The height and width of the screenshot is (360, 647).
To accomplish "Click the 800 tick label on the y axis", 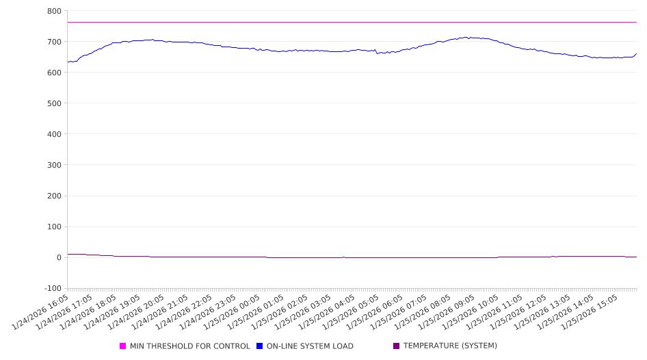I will [x=53, y=11].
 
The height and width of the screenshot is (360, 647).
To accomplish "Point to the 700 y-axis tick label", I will [x=53, y=42].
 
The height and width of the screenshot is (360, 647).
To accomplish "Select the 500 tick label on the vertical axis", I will [x=53, y=103].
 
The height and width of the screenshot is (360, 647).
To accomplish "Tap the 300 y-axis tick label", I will [x=53, y=165].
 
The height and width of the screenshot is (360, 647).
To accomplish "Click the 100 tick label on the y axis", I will [x=53, y=227].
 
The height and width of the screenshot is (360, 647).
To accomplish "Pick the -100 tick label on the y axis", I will [x=51, y=288].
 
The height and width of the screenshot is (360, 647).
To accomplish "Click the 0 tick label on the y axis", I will [x=58, y=257].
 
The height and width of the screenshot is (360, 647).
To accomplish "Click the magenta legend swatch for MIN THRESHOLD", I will [x=123, y=346].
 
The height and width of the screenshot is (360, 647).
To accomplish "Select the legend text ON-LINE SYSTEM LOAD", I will [x=310, y=346].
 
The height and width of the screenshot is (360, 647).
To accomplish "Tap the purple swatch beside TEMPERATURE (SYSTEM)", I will [x=396, y=346].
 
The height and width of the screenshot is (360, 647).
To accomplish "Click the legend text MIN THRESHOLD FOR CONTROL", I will [x=189, y=346].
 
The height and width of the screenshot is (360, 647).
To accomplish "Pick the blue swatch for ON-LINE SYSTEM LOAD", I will [x=260, y=346].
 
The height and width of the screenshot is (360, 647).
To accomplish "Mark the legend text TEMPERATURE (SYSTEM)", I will [x=450, y=346].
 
